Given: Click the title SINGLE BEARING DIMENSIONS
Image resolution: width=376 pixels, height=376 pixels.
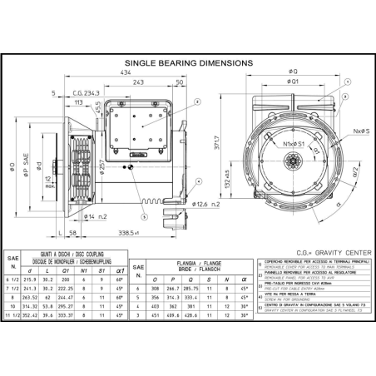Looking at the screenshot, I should (x=188, y=62).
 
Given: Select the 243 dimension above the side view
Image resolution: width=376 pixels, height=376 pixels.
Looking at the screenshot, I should (x=138, y=82).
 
